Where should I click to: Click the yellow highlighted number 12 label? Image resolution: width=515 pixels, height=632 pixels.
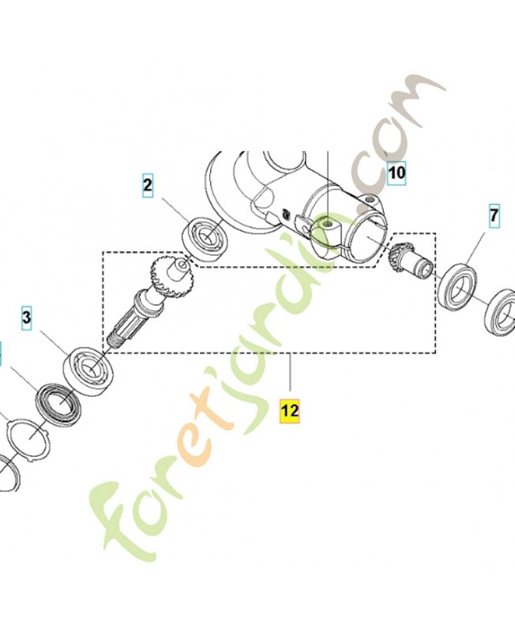(x=290, y=411)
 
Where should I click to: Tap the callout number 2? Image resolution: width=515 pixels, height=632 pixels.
(x=148, y=186)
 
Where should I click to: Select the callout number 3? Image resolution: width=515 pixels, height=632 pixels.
(x=27, y=318)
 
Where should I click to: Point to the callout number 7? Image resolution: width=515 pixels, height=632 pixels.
(x=494, y=216)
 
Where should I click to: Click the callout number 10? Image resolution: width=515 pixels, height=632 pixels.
(x=397, y=173)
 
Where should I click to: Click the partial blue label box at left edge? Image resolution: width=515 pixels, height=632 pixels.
(x=1, y=354)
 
